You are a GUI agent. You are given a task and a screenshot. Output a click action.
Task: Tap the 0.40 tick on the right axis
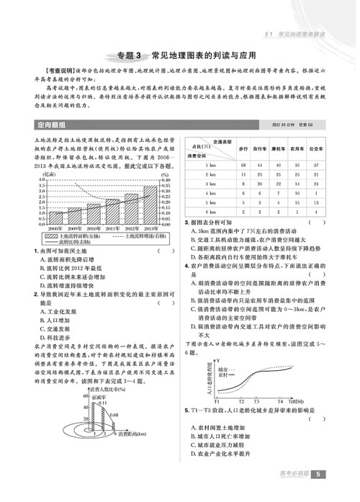point(166,176)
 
